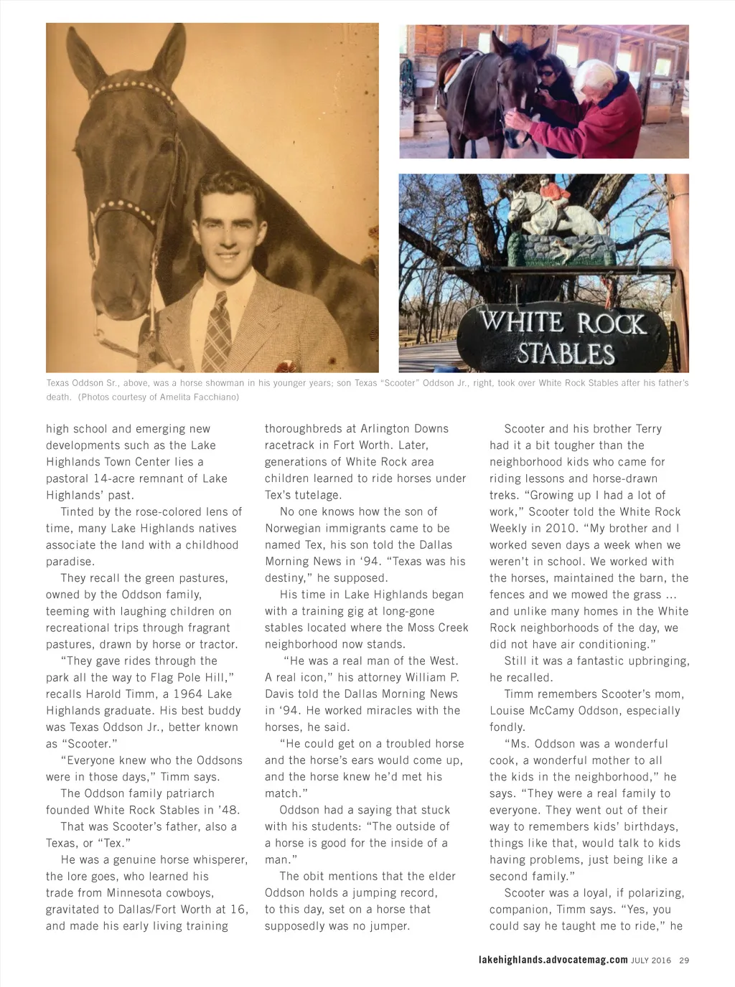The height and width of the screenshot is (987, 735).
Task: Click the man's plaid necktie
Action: pyautogui.click(x=217, y=330)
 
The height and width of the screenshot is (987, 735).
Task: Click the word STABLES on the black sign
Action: pyautogui.click(x=566, y=354)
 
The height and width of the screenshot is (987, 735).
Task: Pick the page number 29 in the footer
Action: pyautogui.click(x=684, y=960)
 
